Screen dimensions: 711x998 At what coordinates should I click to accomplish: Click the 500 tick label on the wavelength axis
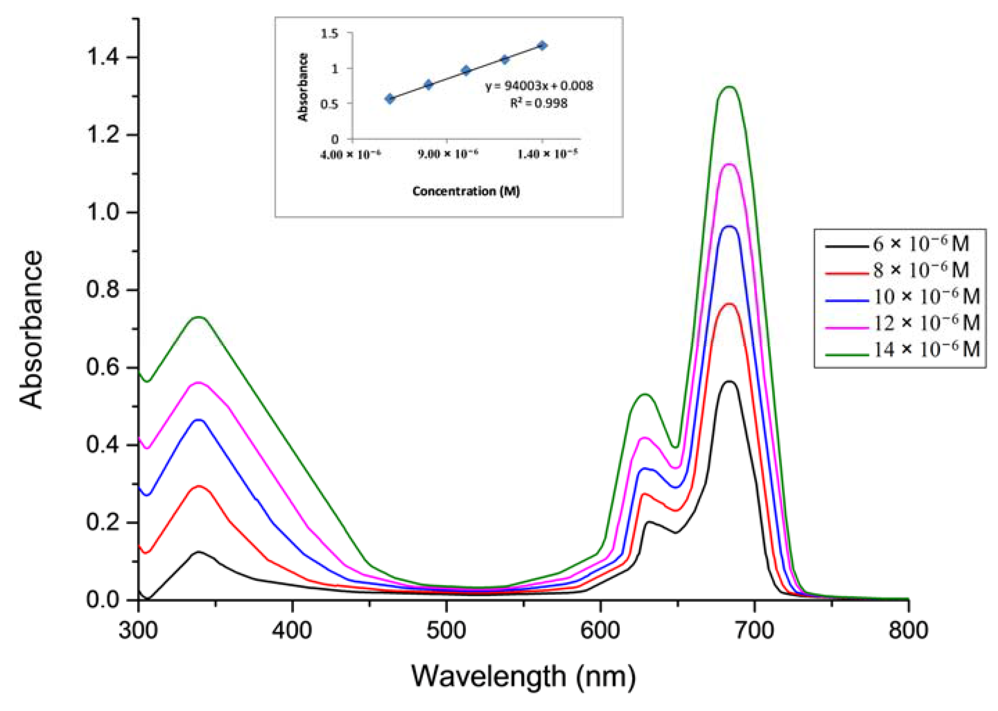coord(446,631)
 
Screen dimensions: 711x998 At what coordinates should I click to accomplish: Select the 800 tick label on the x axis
coord(908,631)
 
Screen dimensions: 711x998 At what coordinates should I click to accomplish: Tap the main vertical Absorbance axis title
coord(32,329)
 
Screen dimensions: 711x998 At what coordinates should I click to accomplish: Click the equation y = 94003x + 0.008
coord(539,86)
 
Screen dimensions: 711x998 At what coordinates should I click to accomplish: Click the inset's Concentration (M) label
coord(466,191)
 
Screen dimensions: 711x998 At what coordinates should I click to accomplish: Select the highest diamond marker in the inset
coord(542,45)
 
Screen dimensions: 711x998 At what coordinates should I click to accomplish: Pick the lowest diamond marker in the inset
coord(390,98)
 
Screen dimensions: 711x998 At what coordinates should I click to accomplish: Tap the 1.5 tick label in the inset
coord(330,33)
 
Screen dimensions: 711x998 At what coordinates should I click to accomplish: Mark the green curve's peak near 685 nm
coord(730,87)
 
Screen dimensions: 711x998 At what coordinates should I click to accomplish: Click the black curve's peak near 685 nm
coord(729,381)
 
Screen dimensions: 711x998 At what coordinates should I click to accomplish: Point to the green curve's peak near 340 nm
coord(200,317)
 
